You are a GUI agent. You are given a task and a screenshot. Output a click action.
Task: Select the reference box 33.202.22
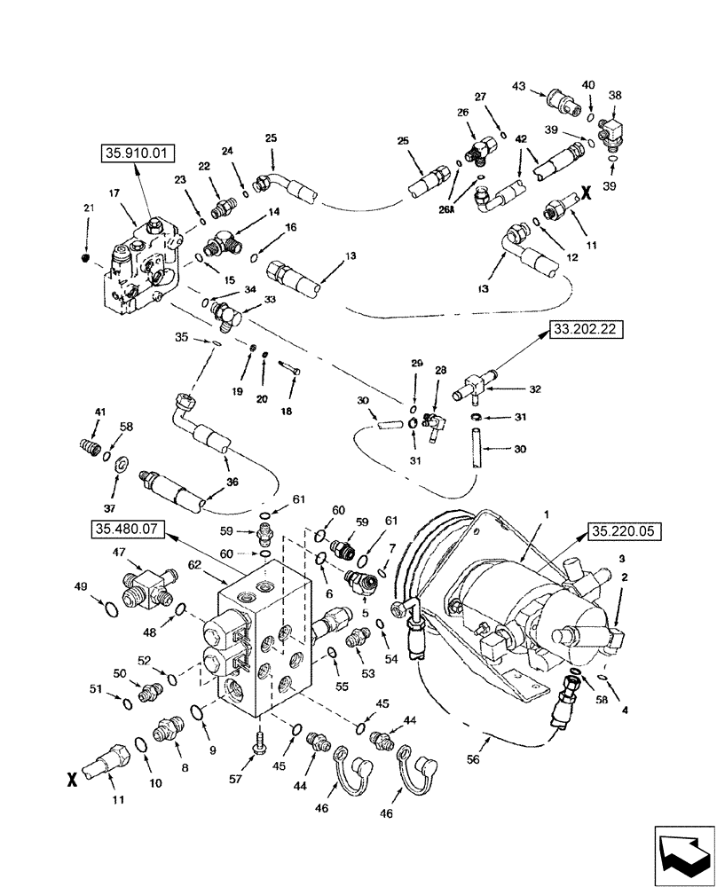point(587,330)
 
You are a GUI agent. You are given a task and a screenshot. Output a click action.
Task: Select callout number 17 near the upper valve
point(115,192)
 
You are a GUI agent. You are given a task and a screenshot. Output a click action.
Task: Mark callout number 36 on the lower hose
point(232,483)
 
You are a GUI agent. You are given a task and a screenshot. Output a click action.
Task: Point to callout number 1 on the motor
point(547,514)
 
